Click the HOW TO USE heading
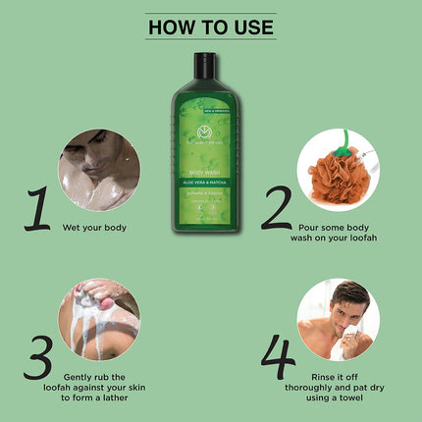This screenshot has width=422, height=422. coord(210,26)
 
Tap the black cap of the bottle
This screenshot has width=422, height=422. coord(204,65)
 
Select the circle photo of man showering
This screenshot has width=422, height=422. coord(98,176)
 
